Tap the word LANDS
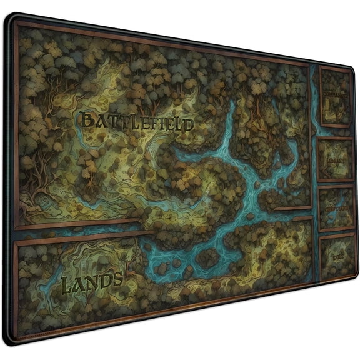[92, 283]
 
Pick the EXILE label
[338, 256]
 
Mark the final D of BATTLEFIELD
[187, 125]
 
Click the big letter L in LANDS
[67, 286]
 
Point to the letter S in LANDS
[116, 280]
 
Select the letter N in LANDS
[91, 284]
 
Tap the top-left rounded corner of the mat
[10, 18]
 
